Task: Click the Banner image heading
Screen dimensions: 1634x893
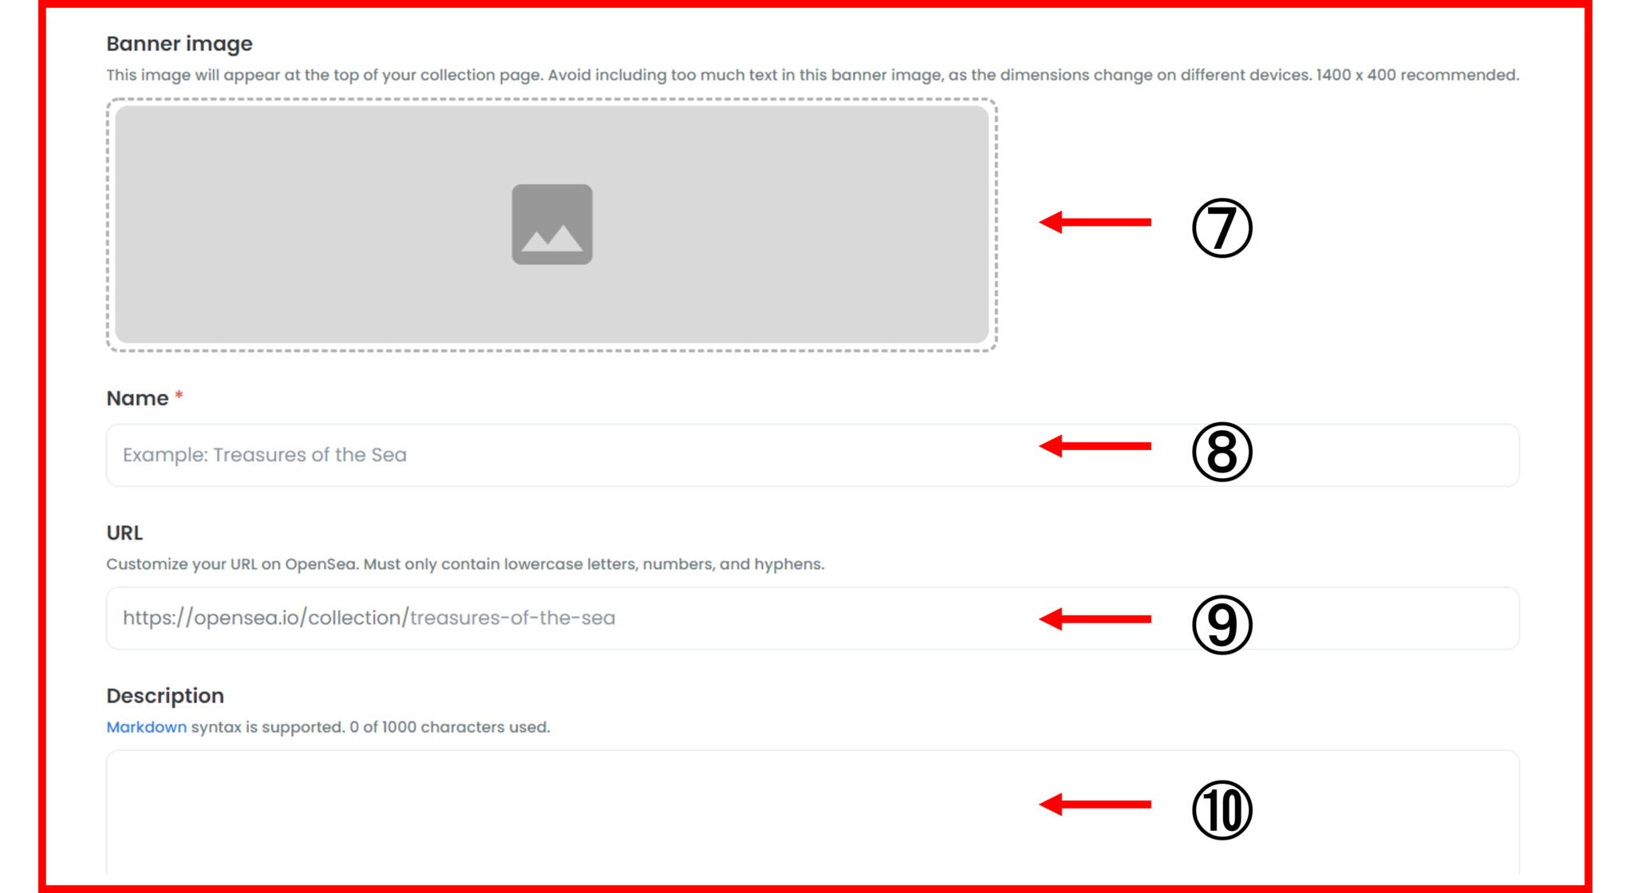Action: coord(180,44)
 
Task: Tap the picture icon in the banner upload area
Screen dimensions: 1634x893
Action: coord(552,224)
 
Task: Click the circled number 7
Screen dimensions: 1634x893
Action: coord(1222,227)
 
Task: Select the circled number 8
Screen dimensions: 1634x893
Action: coord(1222,452)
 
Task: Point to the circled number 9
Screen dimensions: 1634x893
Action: coord(1222,624)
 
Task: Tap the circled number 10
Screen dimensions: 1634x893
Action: coord(1222,810)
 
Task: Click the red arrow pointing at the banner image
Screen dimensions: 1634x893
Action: coord(1095,222)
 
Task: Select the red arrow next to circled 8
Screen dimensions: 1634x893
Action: coord(1095,446)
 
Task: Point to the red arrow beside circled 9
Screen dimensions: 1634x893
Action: coord(1095,618)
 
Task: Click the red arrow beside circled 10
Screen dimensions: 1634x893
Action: coord(1095,804)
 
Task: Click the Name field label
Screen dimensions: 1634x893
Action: coord(137,398)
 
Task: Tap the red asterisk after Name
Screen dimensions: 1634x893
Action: coord(180,394)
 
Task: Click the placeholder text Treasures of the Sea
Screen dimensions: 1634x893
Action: coord(310,455)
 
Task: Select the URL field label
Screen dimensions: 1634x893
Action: coord(124,532)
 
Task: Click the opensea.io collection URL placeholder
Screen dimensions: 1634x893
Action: coord(369,618)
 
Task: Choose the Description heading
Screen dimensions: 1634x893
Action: coord(165,696)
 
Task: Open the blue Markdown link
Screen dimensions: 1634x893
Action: coord(147,727)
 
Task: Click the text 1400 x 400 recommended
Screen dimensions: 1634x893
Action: coord(1418,75)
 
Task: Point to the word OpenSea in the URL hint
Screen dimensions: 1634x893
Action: coord(321,564)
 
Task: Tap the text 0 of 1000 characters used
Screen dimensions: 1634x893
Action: coord(450,727)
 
